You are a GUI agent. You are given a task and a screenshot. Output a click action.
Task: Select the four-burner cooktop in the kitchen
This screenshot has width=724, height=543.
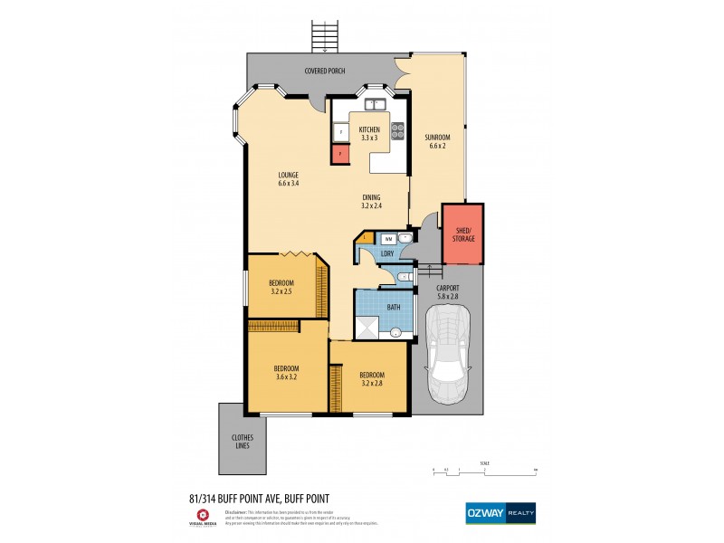coord(396,132)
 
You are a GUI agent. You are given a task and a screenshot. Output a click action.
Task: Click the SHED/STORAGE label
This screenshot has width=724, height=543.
coord(462,234)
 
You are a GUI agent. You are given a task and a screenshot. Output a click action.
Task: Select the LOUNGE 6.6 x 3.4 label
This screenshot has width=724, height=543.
coord(289,179)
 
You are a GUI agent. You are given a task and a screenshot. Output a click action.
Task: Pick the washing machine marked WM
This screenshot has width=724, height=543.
coord(388,238)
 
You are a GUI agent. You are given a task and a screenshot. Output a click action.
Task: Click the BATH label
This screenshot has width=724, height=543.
coord(394,308)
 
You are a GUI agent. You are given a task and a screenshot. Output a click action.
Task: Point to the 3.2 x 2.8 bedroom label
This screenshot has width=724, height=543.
coord(371,379)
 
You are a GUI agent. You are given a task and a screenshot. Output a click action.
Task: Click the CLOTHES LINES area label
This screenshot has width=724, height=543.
coord(241,443)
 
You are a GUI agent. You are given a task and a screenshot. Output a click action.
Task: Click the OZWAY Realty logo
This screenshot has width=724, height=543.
coord(500,511)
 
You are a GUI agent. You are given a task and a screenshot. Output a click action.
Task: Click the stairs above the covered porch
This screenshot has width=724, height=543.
coord(323,36)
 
